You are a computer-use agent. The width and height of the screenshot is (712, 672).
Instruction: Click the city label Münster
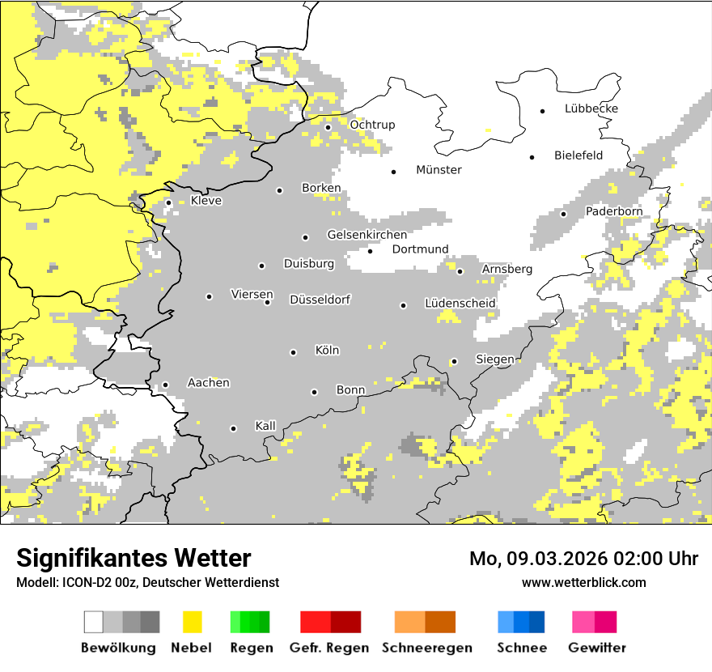click(x=439, y=170)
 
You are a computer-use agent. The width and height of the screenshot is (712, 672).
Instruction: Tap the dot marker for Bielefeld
click(x=532, y=157)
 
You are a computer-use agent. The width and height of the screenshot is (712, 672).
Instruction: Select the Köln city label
click(x=327, y=351)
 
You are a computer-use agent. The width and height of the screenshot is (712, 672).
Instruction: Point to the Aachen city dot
click(x=165, y=385)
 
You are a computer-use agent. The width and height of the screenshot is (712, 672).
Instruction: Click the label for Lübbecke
click(x=591, y=108)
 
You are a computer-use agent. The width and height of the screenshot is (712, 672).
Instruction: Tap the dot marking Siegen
click(x=455, y=361)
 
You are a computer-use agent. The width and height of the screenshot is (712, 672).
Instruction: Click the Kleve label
click(x=206, y=201)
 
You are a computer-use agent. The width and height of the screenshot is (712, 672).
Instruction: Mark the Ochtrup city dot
click(x=328, y=127)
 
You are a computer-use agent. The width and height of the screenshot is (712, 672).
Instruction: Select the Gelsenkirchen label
click(x=367, y=235)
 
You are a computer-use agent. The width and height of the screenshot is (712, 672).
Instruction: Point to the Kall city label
click(x=265, y=426)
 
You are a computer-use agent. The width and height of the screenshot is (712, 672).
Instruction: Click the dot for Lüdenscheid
click(x=403, y=305)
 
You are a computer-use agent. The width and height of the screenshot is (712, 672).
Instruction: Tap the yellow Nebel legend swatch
click(x=192, y=622)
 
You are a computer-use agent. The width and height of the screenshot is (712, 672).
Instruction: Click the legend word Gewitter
click(x=597, y=648)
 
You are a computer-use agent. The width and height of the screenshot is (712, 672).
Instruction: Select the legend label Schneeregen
click(x=427, y=648)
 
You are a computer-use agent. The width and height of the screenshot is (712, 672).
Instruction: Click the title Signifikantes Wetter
click(x=133, y=558)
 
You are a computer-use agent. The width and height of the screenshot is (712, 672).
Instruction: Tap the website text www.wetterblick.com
click(x=583, y=582)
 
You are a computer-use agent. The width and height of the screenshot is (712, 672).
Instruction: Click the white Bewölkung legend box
click(x=94, y=622)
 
